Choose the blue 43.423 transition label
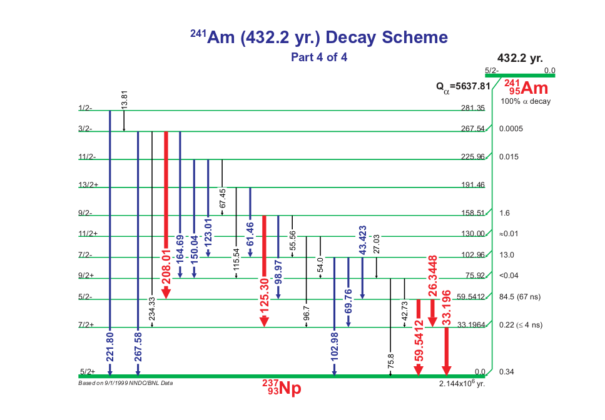pyautogui.click(x=362, y=240)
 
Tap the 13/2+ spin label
pyautogui.click(x=89, y=185)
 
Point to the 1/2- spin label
pyautogui.click(x=85, y=107)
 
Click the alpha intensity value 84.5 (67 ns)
pyautogui.click(x=523, y=296)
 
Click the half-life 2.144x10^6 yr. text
pyautogui.click(x=462, y=384)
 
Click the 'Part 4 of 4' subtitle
pyautogui.click(x=318, y=57)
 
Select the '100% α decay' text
pyautogui.click(x=526, y=101)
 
